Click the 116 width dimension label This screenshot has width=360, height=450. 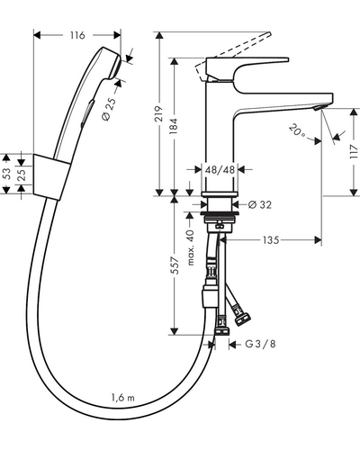[x=77, y=35]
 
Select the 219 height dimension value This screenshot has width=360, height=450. [x=160, y=113]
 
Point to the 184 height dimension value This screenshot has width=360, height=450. [x=175, y=126]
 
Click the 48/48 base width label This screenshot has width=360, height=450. [x=220, y=170]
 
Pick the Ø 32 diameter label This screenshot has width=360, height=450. [x=260, y=204]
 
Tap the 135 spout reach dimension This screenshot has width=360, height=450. [x=271, y=240]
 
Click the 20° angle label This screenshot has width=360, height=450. [x=297, y=131]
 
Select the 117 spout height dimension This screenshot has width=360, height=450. [x=355, y=152]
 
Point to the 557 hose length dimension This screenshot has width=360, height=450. [x=175, y=265]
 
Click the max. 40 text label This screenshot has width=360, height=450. [x=191, y=247]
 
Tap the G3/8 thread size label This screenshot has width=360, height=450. [x=260, y=344]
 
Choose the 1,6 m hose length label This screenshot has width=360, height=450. [x=123, y=398]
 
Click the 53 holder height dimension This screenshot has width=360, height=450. [x=7, y=174]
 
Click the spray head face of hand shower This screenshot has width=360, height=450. [x=116, y=67]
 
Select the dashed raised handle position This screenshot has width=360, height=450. [x=233, y=56]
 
